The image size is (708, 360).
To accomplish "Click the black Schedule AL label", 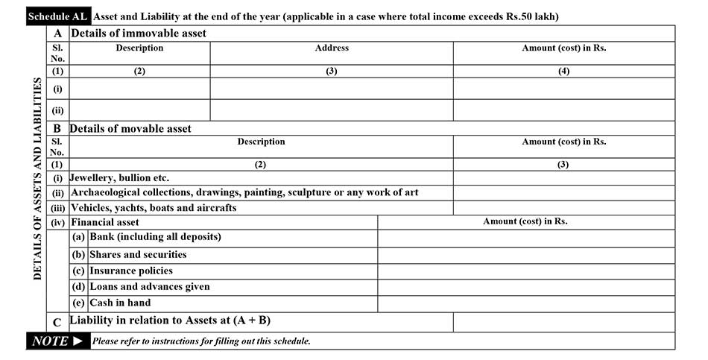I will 57,16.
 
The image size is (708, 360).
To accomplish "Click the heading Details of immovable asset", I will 138,34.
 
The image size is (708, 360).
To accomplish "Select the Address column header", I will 332,48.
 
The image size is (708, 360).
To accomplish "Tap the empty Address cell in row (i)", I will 332,89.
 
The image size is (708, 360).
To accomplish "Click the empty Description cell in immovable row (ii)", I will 139,110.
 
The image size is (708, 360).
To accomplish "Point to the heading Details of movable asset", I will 130,128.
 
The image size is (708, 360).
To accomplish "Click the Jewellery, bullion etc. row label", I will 120,178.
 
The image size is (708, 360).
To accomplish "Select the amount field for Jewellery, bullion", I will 563,178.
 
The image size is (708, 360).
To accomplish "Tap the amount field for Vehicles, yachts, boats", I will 563,208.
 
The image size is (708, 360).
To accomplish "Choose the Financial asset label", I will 105,222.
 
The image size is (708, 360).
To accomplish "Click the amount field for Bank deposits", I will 525,238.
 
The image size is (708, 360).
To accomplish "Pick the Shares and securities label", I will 138,254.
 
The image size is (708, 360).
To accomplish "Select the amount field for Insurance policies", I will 525,271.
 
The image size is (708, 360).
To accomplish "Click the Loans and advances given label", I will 150,286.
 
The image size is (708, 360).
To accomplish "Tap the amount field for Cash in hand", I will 525,303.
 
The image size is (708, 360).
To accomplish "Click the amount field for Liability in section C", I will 563,322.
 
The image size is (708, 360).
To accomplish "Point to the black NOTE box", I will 57,341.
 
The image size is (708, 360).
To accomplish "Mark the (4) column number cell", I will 563,72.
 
